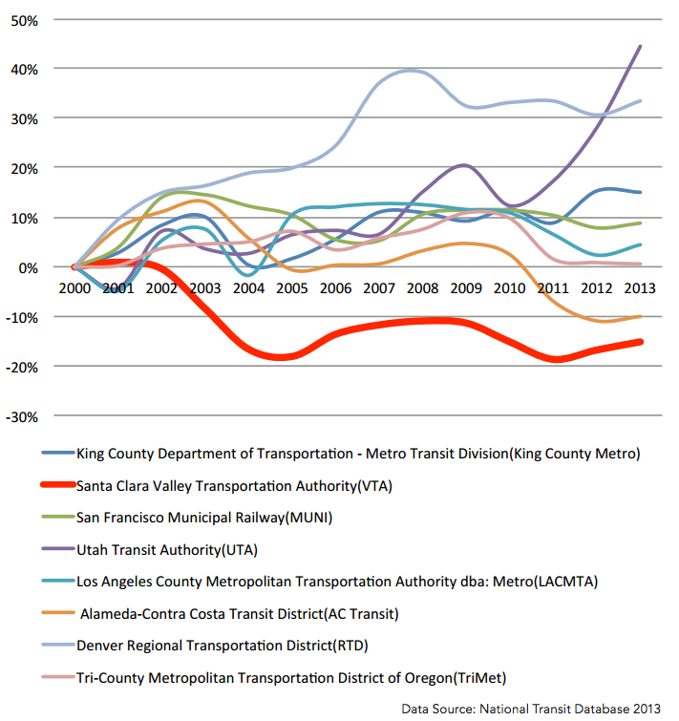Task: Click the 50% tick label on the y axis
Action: [25, 21]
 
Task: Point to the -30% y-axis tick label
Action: [22, 417]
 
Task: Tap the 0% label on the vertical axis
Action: [28, 268]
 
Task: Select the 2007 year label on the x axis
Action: [379, 288]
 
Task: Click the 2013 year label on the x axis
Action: [640, 288]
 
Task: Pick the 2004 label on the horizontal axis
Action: [248, 288]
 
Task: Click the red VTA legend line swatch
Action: [58, 485]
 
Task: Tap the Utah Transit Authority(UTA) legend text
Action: [167, 550]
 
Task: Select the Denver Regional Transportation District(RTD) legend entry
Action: [223, 646]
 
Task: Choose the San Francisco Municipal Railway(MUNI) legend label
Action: [204, 518]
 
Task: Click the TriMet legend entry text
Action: [291, 678]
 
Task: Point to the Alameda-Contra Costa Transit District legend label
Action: [239, 614]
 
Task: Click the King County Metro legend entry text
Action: [358, 454]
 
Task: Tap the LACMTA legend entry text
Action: [337, 582]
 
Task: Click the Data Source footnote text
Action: [531, 709]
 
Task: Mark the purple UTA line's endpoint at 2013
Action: [641, 46]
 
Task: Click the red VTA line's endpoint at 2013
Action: [641, 342]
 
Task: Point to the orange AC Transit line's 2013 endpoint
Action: [641, 316]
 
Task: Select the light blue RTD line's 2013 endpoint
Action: [641, 100]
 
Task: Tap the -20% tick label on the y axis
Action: [22, 368]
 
